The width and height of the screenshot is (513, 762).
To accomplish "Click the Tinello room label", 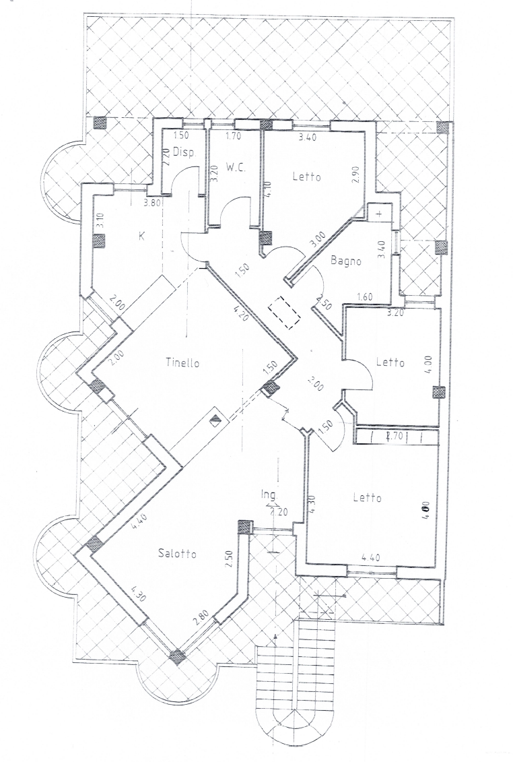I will (183, 363).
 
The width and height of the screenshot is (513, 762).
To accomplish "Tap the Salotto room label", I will (177, 554).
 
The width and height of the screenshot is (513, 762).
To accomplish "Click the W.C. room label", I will (236, 166).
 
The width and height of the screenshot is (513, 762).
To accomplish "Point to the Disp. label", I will (183, 153).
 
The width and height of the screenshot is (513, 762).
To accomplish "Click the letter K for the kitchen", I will (141, 236).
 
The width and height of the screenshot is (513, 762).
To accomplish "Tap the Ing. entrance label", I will (269, 496).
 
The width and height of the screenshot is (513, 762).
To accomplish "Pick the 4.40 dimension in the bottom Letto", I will (371, 557).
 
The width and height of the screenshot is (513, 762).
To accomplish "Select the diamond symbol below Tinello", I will (215, 419).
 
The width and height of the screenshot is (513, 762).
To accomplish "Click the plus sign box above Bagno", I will (380, 213).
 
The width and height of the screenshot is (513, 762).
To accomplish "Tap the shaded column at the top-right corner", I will (442, 127).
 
